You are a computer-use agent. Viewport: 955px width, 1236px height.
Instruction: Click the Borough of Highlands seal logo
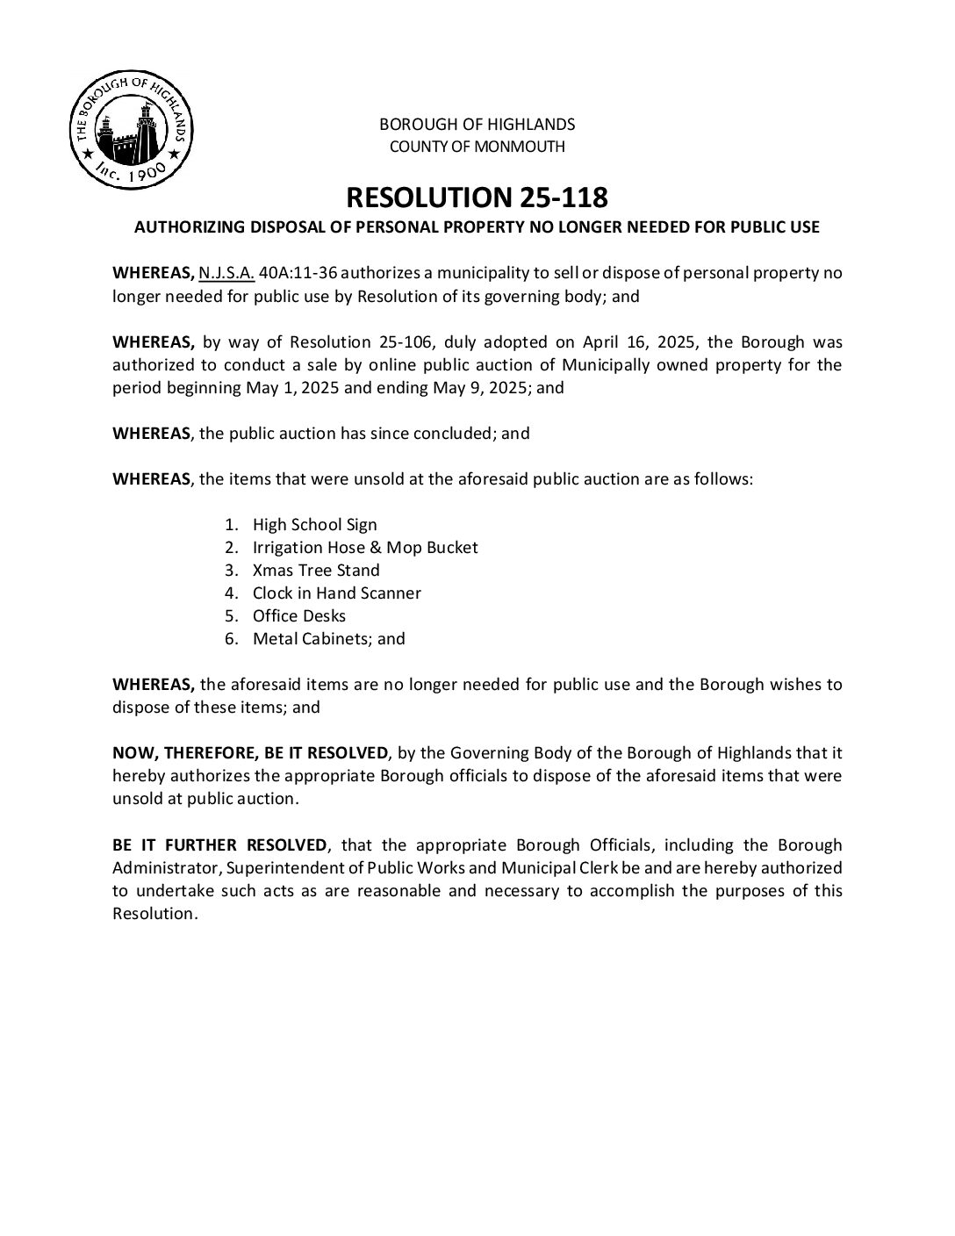point(132,131)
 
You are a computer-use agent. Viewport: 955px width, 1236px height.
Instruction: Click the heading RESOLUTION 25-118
point(477,197)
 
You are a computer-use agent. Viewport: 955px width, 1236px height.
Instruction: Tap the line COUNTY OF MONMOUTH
point(477,147)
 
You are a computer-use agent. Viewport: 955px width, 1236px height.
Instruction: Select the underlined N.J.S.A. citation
point(226,272)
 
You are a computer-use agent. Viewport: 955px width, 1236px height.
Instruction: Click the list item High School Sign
point(314,525)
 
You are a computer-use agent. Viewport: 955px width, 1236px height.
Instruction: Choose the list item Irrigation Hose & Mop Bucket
point(365,548)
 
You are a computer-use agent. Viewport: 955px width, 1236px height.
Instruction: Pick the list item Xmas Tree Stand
point(316,571)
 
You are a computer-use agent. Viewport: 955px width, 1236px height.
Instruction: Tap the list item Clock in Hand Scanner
point(336,593)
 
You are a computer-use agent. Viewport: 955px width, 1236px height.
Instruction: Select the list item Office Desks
point(299,616)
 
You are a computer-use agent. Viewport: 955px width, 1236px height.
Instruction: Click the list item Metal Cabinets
point(308,639)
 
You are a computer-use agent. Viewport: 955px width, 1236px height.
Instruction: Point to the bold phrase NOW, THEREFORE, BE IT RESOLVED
point(250,753)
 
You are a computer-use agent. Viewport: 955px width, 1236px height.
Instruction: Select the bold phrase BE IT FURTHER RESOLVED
point(219,845)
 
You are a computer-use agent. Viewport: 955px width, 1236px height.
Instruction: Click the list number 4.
point(232,593)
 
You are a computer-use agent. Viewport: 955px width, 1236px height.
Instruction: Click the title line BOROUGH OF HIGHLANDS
point(477,124)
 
